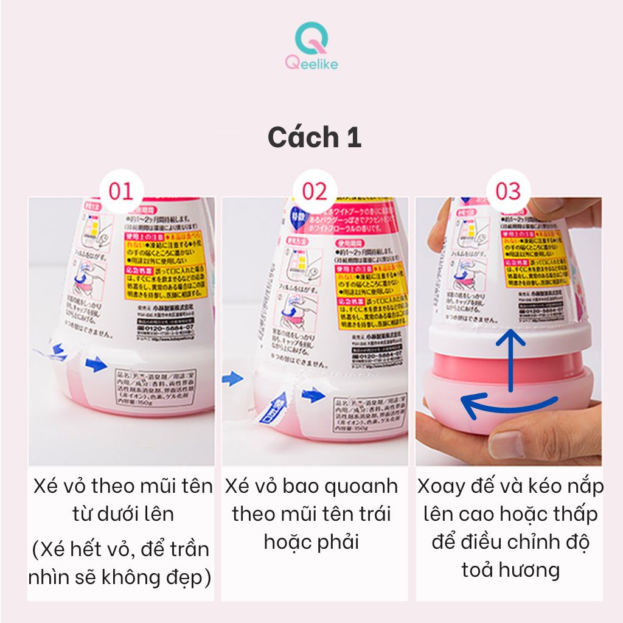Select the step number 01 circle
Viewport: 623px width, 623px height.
point(120,191)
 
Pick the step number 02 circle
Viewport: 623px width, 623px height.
point(315,191)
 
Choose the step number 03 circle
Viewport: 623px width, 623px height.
point(509,191)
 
